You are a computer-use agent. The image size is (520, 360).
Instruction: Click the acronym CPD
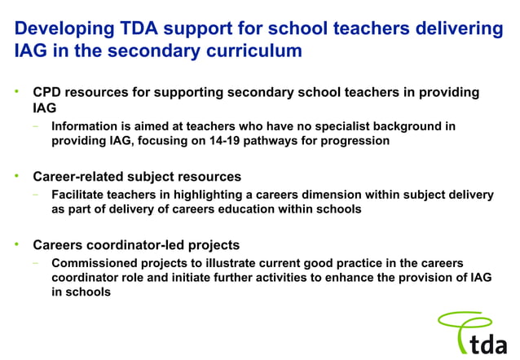point(47,93)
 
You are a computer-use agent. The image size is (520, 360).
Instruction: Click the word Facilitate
point(81,195)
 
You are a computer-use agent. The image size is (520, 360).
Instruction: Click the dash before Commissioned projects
point(36,262)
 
